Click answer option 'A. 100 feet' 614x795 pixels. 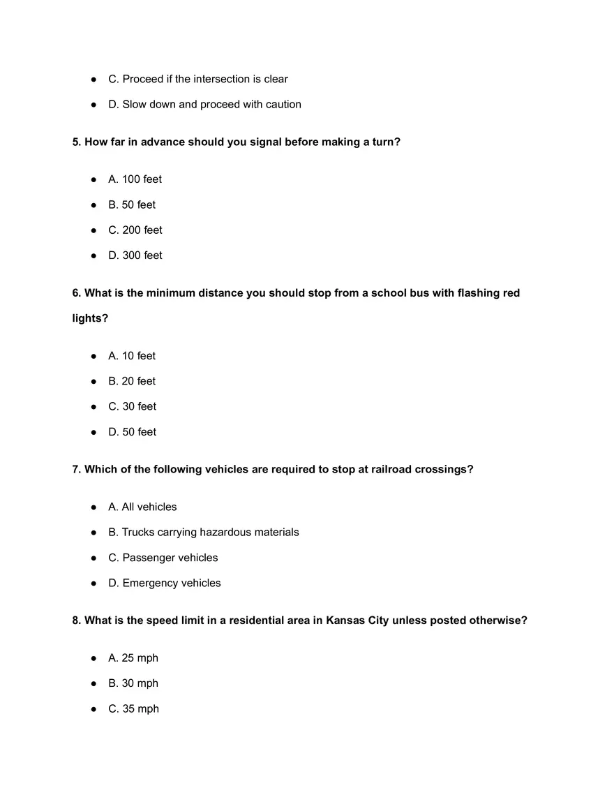pyautogui.click(x=135, y=179)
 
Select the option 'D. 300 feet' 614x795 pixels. pyautogui.click(x=135, y=255)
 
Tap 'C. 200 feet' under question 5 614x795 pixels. pyautogui.click(x=135, y=230)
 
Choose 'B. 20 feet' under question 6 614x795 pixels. pyautogui.click(x=132, y=381)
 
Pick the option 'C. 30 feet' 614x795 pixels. pyautogui.click(x=132, y=406)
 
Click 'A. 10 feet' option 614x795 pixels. pyautogui.click(x=132, y=356)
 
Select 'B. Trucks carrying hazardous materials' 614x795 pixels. pyautogui.click(x=203, y=533)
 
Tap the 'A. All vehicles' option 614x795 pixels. pyautogui.click(x=142, y=507)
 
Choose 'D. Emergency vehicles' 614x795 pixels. pyautogui.click(x=165, y=584)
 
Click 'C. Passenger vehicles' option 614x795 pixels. pyautogui.click(x=163, y=558)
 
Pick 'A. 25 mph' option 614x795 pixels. pyautogui.click(x=133, y=658)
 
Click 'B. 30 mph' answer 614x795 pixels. pyautogui.click(x=133, y=683)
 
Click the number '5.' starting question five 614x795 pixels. pyautogui.click(x=77, y=142)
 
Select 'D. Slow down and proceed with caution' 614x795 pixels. pyautogui.click(x=204, y=105)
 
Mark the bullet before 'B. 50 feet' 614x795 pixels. pyautogui.click(x=93, y=205)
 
